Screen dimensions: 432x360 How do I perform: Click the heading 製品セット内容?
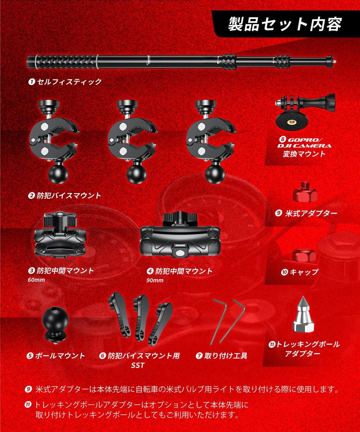pos(285,24)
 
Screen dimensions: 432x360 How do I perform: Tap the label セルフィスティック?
pos(69,81)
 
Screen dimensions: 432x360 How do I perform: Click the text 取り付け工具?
pos(225,356)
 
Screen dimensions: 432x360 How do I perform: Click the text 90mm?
pos(154,280)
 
